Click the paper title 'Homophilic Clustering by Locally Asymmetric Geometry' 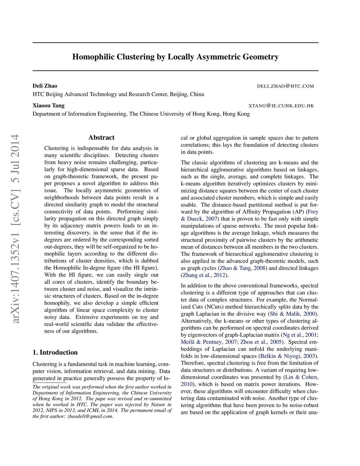click(175, 57)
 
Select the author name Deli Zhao click(45, 86)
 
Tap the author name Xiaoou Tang click(49, 106)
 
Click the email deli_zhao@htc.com click(285, 86)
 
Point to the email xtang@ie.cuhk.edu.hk click(281, 106)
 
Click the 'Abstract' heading click(101, 138)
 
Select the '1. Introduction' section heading click(55, 352)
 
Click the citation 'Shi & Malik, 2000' click(292, 314)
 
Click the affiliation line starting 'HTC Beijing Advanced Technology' click(118, 94)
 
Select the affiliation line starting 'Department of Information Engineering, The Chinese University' click(141, 114)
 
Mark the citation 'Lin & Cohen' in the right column click(301, 377)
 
